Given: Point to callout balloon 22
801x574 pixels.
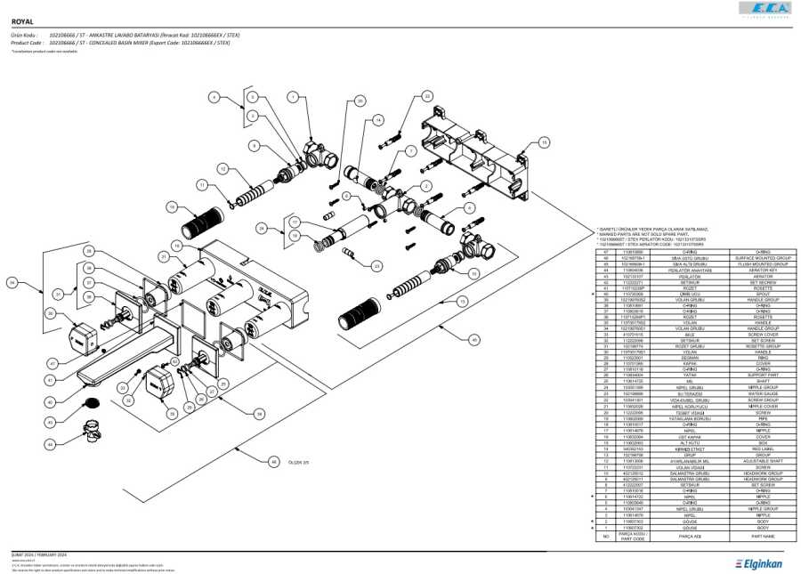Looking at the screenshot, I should coord(427,95).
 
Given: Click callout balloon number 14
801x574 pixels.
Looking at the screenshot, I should coord(378,119).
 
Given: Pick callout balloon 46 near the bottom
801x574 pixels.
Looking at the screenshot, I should coord(274,462).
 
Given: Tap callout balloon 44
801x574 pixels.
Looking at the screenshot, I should coord(51,442).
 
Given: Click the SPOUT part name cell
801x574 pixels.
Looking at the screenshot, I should coord(763,293).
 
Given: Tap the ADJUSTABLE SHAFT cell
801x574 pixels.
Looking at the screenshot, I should coord(763,460).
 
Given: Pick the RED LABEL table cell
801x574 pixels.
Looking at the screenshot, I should coord(763,449).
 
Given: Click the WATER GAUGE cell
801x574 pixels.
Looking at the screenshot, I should coord(763,393).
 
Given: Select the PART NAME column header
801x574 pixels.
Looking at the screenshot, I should coord(763,537).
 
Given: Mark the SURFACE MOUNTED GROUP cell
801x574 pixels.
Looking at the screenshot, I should coord(763,258).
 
